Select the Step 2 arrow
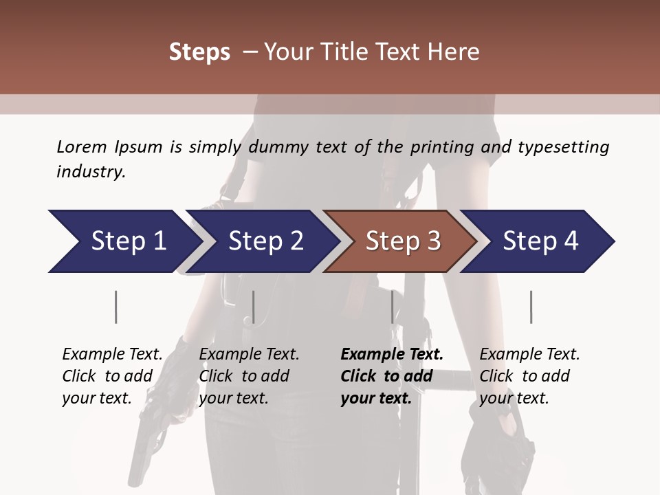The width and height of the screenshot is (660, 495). click(x=265, y=241)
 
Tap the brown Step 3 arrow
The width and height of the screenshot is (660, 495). click(x=402, y=241)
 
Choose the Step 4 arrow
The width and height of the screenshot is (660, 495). click(x=540, y=241)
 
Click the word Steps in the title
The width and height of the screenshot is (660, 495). click(x=199, y=52)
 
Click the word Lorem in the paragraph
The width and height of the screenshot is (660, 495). click(x=81, y=146)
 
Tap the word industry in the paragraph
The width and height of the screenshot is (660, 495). click(x=90, y=172)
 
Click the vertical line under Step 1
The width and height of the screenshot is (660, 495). click(x=116, y=307)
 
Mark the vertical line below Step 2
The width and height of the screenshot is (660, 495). click(x=254, y=307)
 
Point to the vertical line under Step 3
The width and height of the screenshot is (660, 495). click(x=393, y=307)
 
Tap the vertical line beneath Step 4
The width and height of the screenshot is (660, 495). click(x=531, y=307)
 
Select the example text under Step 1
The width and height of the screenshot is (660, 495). click(x=112, y=376)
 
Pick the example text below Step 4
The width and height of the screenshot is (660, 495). click(x=529, y=376)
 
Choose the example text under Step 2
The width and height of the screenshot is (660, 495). click(x=249, y=376)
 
